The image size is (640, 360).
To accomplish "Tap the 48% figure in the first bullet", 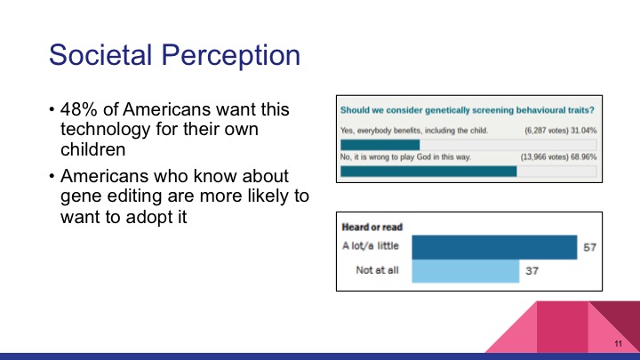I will [x=77, y=111].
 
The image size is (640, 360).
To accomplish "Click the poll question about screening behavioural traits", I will [x=468, y=110].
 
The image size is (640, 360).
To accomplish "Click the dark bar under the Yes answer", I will [x=380, y=144].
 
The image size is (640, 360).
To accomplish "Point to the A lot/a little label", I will [x=372, y=247].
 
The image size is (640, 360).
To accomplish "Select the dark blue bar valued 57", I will [x=494, y=247].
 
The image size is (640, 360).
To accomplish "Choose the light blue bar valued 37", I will [x=465, y=270].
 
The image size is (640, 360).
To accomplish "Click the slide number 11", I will [x=617, y=343].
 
